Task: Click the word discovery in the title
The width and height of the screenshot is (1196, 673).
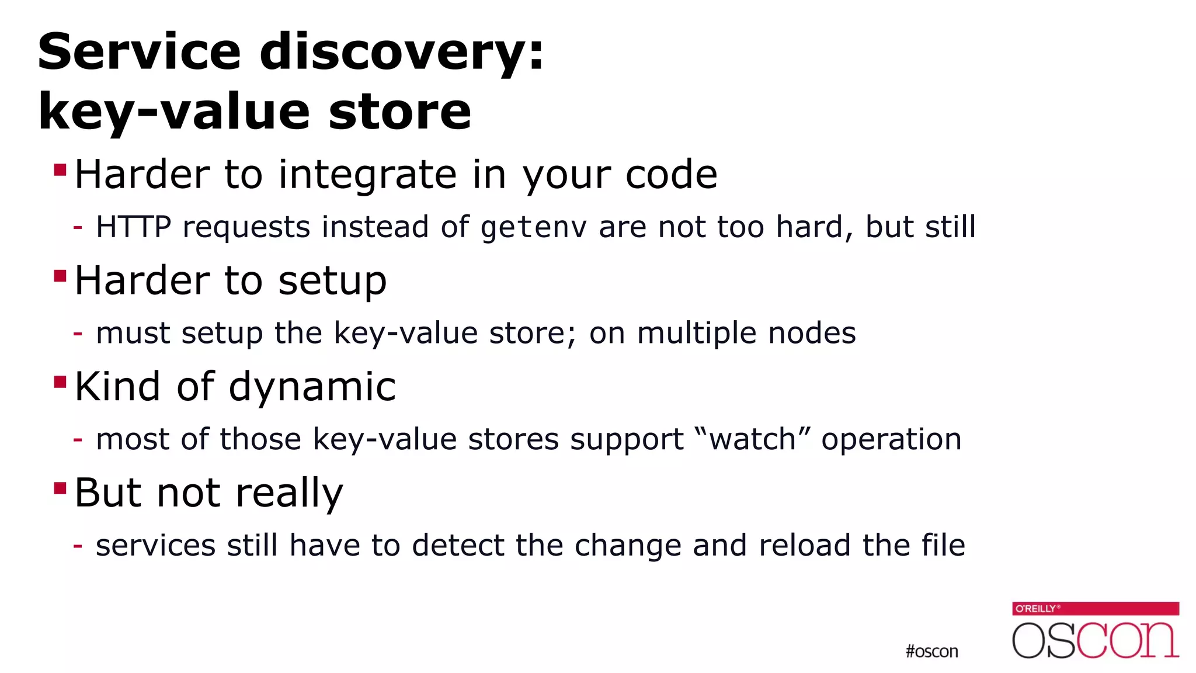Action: click(x=401, y=53)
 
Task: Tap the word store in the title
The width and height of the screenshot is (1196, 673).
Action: click(x=399, y=112)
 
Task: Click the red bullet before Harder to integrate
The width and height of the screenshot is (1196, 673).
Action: click(x=60, y=170)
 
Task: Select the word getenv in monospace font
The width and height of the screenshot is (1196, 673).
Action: click(x=533, y=228)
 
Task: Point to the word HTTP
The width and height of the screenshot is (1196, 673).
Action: click(x=133, y=227)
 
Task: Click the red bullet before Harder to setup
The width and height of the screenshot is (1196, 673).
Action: click(x=60, y=276)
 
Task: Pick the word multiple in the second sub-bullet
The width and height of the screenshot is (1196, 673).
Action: click(x=697, y=334)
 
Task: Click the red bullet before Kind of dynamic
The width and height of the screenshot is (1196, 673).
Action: click(x=60, y=382)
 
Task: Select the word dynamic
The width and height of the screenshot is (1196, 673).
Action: click(x=312, y=387)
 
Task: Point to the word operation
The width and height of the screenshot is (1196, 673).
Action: click(x=891, y=440)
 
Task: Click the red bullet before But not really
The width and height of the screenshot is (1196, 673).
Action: click(x=60, y=488)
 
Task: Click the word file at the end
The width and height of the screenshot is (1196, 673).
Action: click(x=943, y=545)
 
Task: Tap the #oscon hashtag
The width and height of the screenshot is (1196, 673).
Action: click(x=931, y=651)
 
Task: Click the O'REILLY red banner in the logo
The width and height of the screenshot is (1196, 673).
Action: click(x=1095, y=609)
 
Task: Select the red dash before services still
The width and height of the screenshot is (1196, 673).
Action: click(x=78, y=546)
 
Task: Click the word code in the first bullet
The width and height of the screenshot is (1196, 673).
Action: click(x=671, y=175)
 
